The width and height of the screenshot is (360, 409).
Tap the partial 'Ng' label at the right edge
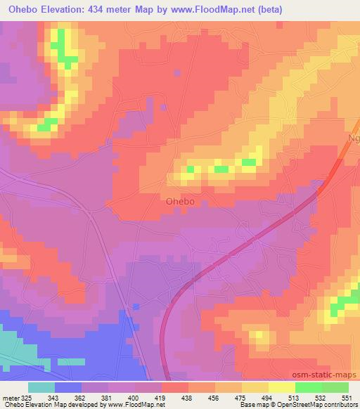coord(353,139)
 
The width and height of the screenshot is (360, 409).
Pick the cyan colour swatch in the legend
coord(41,387)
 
